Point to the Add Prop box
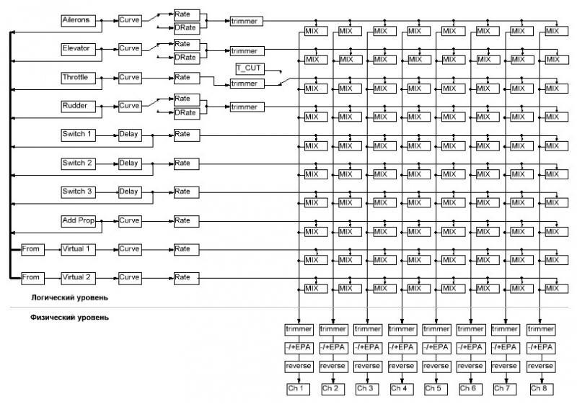coord(79,220)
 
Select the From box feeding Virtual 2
coord(32,277)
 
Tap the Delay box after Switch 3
coord(130,192)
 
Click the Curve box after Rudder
coord(130,106)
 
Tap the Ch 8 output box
coord(540,389)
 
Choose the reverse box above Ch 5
coord(436,367)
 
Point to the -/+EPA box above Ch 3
coord(367,348)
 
